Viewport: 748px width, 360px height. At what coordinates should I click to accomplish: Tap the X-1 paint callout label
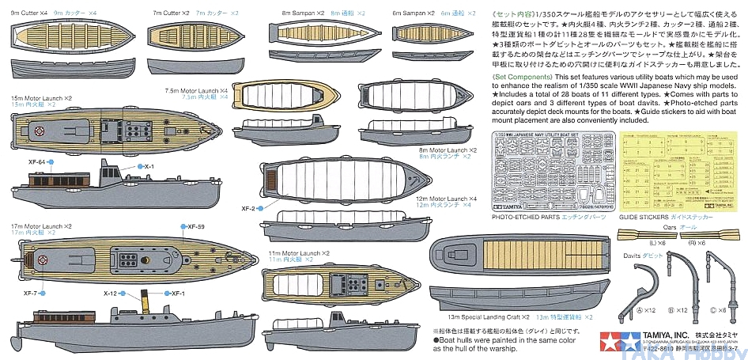coord(149,166)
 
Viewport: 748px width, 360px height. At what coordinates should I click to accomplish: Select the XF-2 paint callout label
coord(247,208)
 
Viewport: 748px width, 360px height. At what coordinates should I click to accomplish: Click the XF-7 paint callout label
coord(31,293)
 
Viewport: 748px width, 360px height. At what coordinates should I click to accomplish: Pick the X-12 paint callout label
coord(111,293)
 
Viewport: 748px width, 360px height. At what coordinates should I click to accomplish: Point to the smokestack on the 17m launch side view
coord(145,303)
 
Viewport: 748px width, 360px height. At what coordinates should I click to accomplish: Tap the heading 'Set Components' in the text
coord(520,77)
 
